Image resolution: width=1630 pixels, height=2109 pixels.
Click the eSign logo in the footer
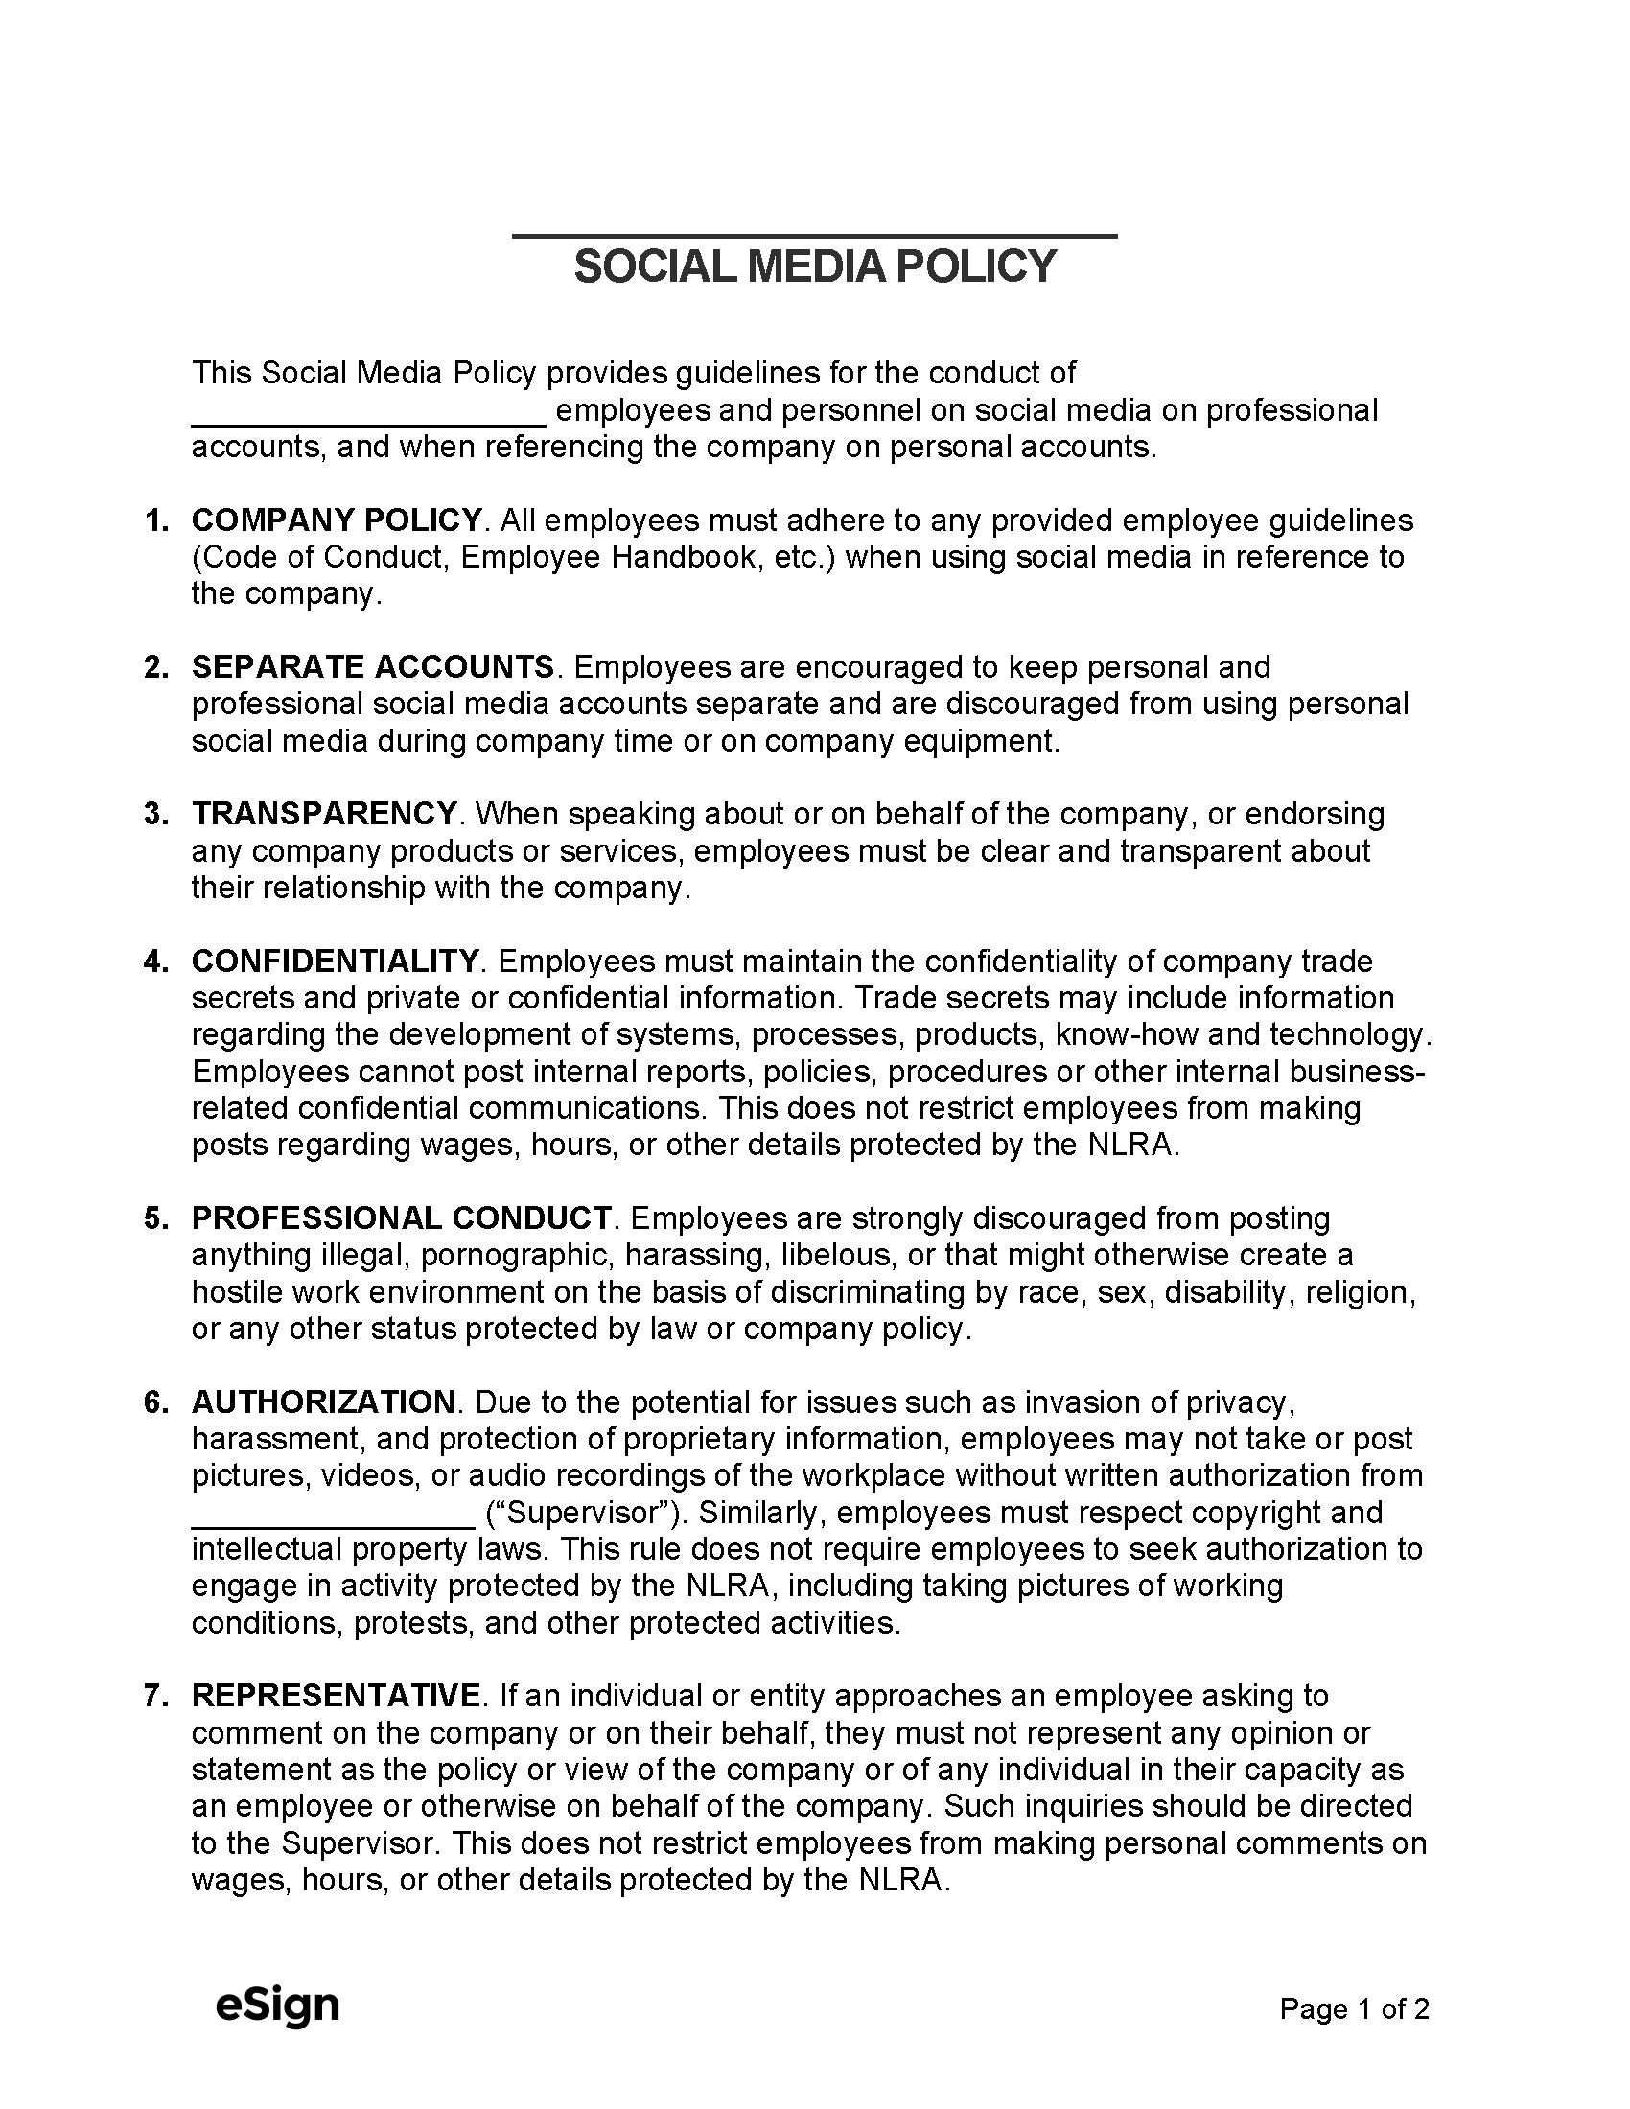click(277, 2005)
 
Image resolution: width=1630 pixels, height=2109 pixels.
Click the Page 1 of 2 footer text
click(1354, 2009)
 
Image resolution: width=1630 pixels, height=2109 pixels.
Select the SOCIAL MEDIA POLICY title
click(815, 267)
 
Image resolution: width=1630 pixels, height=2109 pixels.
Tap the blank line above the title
click(814, 236)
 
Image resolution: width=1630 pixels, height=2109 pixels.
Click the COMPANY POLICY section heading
click(337, 521)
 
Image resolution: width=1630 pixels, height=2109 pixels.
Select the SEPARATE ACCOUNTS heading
click(373, 667)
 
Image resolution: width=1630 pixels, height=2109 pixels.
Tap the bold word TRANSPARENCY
click(324, 814)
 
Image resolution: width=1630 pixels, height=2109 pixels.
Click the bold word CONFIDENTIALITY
click(335, 961)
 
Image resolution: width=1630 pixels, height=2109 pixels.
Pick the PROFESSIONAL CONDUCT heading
click(402, 1217)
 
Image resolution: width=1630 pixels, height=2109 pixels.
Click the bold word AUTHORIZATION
click(323, 1402)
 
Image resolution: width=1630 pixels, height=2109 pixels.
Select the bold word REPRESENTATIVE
click(336, 1695)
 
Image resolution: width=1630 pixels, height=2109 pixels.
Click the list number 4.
click(154, 962)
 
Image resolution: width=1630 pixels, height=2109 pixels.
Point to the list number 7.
click(154, 1696)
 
